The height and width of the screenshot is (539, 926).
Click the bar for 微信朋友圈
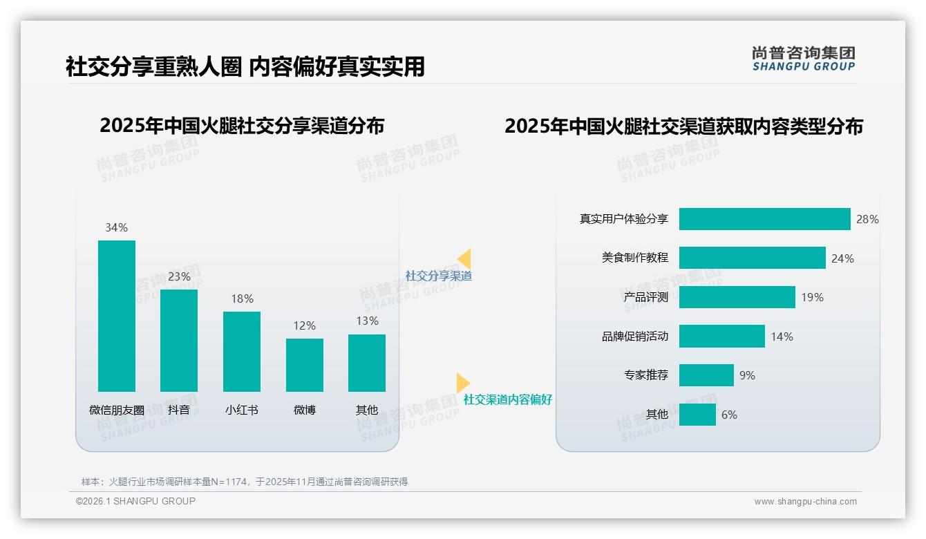click(x=117, y=316)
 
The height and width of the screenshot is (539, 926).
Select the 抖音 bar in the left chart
click(x=179, y=340)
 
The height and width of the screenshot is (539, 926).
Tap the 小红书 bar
click(x=242, y=351)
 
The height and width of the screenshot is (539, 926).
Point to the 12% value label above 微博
click(x=304, y=325)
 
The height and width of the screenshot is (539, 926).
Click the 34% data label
click(x=116, y=227)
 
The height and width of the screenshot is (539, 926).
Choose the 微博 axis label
click(x=304, y=410)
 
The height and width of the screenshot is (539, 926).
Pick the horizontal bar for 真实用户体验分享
click(x=764, y=219)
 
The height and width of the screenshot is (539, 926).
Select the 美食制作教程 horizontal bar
click(x=752, y=258)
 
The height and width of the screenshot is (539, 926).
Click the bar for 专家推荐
click(x=706, y=375)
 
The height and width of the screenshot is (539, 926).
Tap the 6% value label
click(x=729, y=415)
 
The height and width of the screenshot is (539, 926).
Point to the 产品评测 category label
click(x=646, y=297)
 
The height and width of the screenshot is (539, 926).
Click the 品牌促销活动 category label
click(x=635, y=337)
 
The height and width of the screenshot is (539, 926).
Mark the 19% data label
click(x=812, y=297)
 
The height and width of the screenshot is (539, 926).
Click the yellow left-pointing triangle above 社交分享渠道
click(x=464, y=259)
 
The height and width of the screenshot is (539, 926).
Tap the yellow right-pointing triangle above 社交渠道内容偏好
click(x=463, y=383)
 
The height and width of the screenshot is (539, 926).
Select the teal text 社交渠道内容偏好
click(x=507, y=399)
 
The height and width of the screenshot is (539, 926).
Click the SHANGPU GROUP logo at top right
click(x=803, y=59)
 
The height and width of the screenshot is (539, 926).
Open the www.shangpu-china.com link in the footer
click(x=805, y=502)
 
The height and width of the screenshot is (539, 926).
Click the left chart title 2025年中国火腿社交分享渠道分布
click(x=242, y=126)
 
